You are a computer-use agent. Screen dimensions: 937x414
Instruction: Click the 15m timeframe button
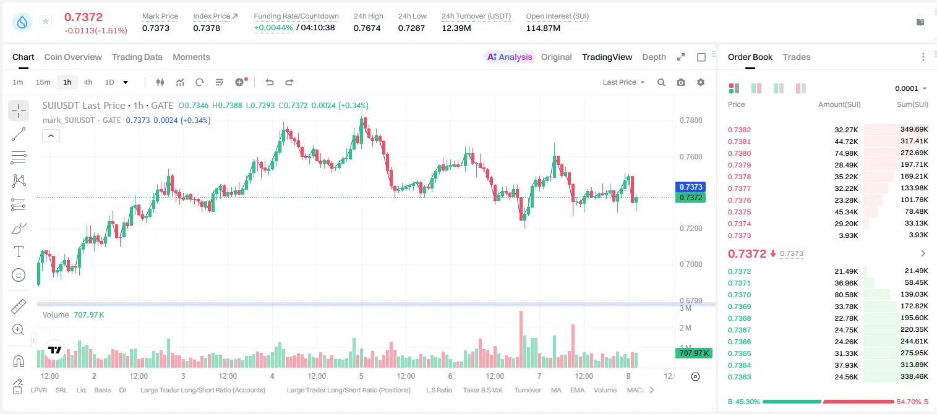click(43, 82)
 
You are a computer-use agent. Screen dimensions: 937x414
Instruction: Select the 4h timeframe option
click(88, 82)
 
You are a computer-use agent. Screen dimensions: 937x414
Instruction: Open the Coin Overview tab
click(73, 57)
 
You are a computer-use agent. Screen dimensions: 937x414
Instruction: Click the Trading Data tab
click(137, 57)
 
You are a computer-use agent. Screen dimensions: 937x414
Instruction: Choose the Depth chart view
click(654, 57)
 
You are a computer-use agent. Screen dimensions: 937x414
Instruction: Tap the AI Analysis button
click(510, 57)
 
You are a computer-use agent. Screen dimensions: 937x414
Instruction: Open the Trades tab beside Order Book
click(797, 57)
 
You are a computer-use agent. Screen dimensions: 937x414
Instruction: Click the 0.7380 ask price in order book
click(739, 153)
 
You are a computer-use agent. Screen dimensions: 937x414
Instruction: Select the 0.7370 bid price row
click(739, 295)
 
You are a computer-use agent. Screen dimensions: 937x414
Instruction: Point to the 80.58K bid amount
click(846, 295)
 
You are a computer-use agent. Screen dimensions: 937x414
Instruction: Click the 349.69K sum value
click(914, 130)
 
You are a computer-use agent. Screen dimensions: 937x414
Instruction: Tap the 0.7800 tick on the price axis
click(691, 120)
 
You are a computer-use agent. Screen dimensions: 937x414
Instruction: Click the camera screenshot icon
click(681, 82)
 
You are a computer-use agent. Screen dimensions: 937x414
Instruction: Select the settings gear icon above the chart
click(701, 82)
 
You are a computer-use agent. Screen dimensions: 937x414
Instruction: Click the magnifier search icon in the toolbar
click(661, 82)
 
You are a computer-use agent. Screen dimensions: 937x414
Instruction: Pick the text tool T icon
click(19, 251)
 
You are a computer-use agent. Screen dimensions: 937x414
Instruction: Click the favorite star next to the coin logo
click(46, 21)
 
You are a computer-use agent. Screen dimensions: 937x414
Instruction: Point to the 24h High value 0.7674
click(367, 28)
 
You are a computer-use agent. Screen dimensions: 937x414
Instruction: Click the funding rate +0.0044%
click(273, 28)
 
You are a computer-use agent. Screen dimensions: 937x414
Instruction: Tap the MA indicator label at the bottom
click(556, 390)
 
